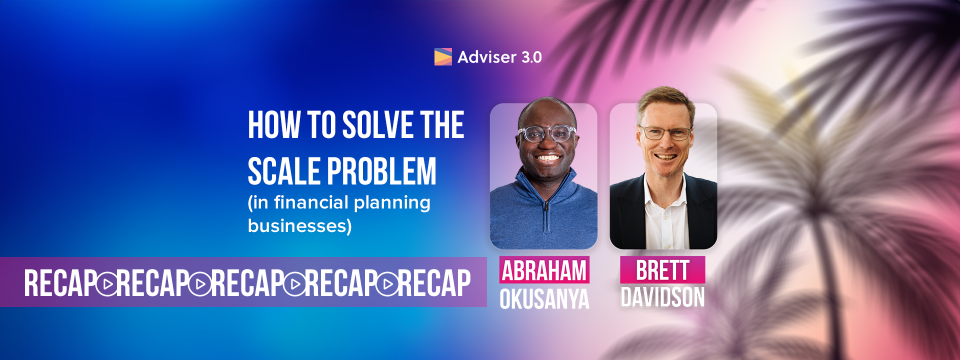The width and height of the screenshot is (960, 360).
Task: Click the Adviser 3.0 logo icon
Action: tap(443, 57)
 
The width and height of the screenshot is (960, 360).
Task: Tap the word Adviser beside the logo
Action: tap(480, 57)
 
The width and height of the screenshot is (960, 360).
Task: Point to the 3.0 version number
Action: tap(531, 57)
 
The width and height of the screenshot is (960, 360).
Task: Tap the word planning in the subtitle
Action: tap(392, 203)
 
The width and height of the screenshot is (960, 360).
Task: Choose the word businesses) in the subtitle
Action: tap(300, 226)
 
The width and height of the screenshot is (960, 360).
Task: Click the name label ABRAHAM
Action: tap(544, 270)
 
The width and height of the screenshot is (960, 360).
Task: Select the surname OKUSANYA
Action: tap(544, 299)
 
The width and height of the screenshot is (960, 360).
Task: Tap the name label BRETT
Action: tap(662, 270)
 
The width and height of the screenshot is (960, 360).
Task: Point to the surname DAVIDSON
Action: tap(662, 297)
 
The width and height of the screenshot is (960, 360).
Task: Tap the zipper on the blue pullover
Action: tap(546, 215)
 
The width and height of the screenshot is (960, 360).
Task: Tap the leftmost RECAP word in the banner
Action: tap(60, 283)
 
